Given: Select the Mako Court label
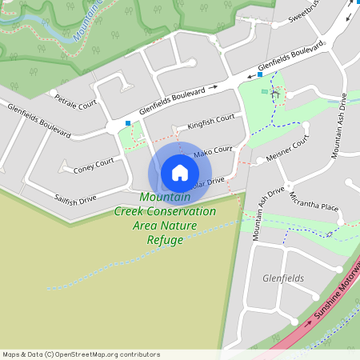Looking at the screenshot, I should pos(212,150).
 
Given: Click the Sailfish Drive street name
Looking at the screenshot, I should pos(75,198).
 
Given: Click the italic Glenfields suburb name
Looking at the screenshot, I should pos(283,278).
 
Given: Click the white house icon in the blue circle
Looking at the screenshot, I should pos(180,173).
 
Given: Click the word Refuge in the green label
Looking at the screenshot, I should pos(165,239).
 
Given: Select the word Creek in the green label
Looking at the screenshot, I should pos(131,211).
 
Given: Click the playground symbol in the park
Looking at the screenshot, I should pos(275,94).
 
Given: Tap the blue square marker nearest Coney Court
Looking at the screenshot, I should pos(128,123).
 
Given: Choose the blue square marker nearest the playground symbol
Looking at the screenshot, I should pos(260,74).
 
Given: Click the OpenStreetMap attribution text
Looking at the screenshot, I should pos(81,354).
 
